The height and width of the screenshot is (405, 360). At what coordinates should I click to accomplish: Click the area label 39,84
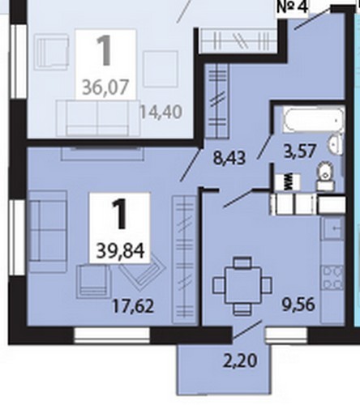120,252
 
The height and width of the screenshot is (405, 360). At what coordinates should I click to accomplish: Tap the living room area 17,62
133,306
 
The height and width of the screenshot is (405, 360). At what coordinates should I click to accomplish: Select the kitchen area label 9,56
298,305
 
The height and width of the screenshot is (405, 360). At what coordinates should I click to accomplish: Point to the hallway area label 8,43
229,158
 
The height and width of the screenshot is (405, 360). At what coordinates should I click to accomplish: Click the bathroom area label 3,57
300,151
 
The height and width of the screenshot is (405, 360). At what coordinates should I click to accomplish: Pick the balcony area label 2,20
240,361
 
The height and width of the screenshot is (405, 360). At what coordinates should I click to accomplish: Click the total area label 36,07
105,87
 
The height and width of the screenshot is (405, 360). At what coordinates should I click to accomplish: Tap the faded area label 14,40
161,112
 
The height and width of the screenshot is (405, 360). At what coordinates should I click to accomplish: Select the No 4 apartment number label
293,7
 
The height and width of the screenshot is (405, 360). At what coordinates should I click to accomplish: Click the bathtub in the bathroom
314,120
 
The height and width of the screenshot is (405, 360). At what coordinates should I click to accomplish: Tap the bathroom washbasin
336,143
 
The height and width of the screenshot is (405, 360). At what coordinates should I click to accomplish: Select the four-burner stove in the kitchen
333,278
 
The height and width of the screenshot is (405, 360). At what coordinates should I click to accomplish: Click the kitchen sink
333,228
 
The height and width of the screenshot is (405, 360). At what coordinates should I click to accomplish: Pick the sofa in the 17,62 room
48,232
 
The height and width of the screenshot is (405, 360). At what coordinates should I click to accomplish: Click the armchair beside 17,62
93,281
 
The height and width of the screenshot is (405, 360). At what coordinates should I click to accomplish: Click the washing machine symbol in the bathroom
288,181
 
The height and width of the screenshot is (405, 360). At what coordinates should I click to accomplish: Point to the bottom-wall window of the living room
112,335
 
